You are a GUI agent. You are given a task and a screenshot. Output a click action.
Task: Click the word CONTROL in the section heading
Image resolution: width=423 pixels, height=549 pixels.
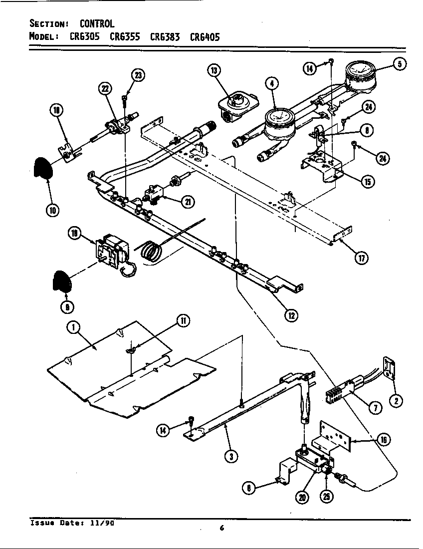pos(97,23)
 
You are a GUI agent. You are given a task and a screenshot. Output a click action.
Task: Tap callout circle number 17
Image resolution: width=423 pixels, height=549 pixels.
pos(362,258)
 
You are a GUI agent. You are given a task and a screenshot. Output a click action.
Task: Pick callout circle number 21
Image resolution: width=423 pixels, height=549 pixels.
pos(188,202)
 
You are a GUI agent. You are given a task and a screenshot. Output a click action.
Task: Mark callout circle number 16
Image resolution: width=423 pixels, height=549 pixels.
pos(383,439)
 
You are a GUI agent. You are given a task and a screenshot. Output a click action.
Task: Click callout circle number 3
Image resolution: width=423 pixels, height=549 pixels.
pos(230,456)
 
